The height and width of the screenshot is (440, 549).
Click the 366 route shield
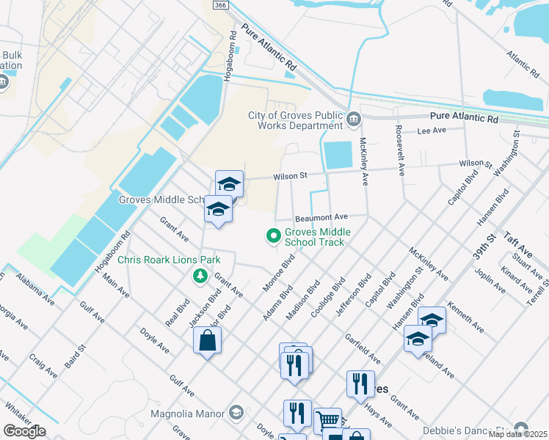click(x=219, y=5)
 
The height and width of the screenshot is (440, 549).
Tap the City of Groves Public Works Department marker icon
click(x=353, y=119)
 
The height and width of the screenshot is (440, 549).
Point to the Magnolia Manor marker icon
click(x=236, y=414)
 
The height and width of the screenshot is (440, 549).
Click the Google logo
click(x=24, y=431)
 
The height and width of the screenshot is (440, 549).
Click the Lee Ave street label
click(x=432, y=131)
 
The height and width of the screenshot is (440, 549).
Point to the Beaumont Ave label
click(x=321, y=218)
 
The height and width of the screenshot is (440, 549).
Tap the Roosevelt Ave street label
click(x=400, y=150)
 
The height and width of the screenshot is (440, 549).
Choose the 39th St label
click(x=483, y=242)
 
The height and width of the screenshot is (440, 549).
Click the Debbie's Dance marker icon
click(x=521, y=428)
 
